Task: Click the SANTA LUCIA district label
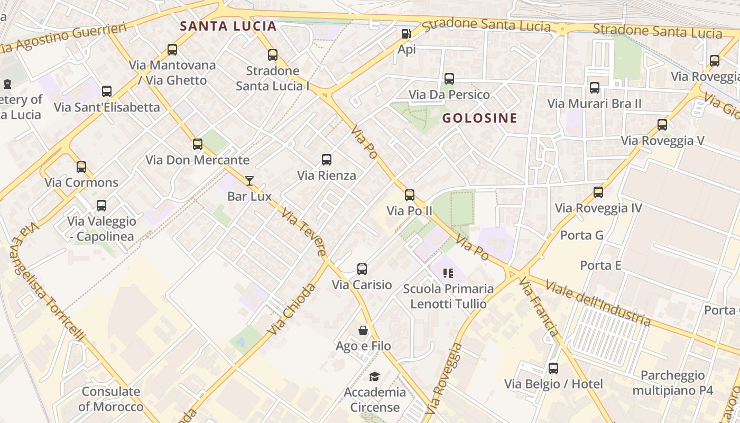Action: click(x=228, y=26)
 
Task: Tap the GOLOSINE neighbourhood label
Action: click(x=479, y=118)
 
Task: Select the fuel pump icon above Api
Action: click(x=406, y=34)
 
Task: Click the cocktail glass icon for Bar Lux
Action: click(x=249, y=181)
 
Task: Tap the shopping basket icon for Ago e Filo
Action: click(x=363, y=330)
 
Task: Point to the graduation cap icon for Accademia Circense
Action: click(x=375, y=376)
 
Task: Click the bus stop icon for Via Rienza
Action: click(x=327, y=160)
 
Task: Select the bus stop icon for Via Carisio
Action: click(x=362, y=269)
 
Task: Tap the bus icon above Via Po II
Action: click(x=410, y=195)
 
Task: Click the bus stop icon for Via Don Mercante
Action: click(x=198, y=144)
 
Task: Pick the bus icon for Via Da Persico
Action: click(x=449, y=79)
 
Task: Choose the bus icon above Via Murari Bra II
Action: click(x=595, y=88)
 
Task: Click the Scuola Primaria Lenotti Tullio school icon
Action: click(x=448, y=273)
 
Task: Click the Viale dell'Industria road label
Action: click(x=598, y=304)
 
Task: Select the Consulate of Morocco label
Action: click(x=111, y=399)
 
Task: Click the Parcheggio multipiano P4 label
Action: click(x=672, y=383)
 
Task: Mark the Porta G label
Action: click(x=581, y=235)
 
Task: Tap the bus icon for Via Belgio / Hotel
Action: click(x=553, y=369)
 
